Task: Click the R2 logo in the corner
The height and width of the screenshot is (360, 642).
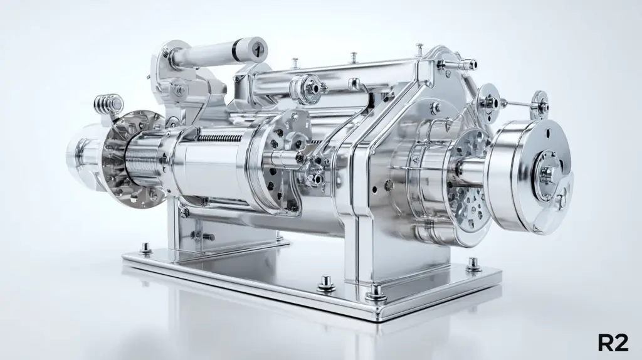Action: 613,342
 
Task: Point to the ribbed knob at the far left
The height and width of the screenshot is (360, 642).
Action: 108,103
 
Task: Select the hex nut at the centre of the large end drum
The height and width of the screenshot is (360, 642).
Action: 547,174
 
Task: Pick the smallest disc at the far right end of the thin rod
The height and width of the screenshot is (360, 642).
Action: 540,105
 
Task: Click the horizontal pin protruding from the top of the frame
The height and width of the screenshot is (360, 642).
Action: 457,64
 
